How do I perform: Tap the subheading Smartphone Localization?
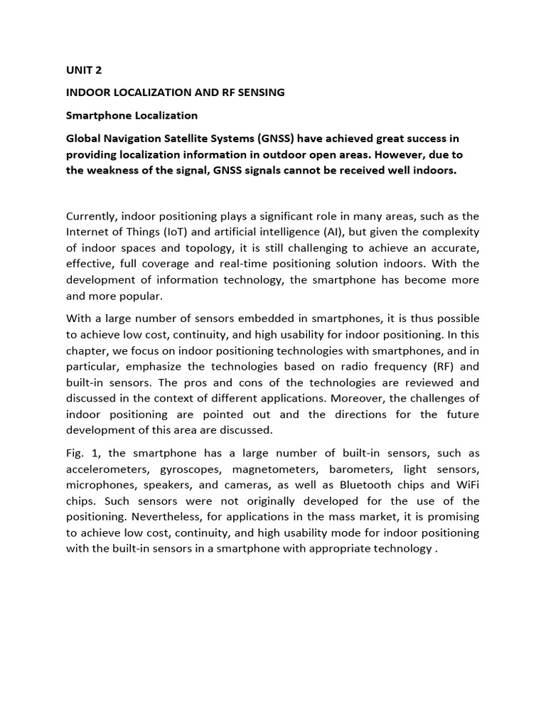click(x=132, y=115)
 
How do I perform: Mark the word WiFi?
click(x=466, y=484)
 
